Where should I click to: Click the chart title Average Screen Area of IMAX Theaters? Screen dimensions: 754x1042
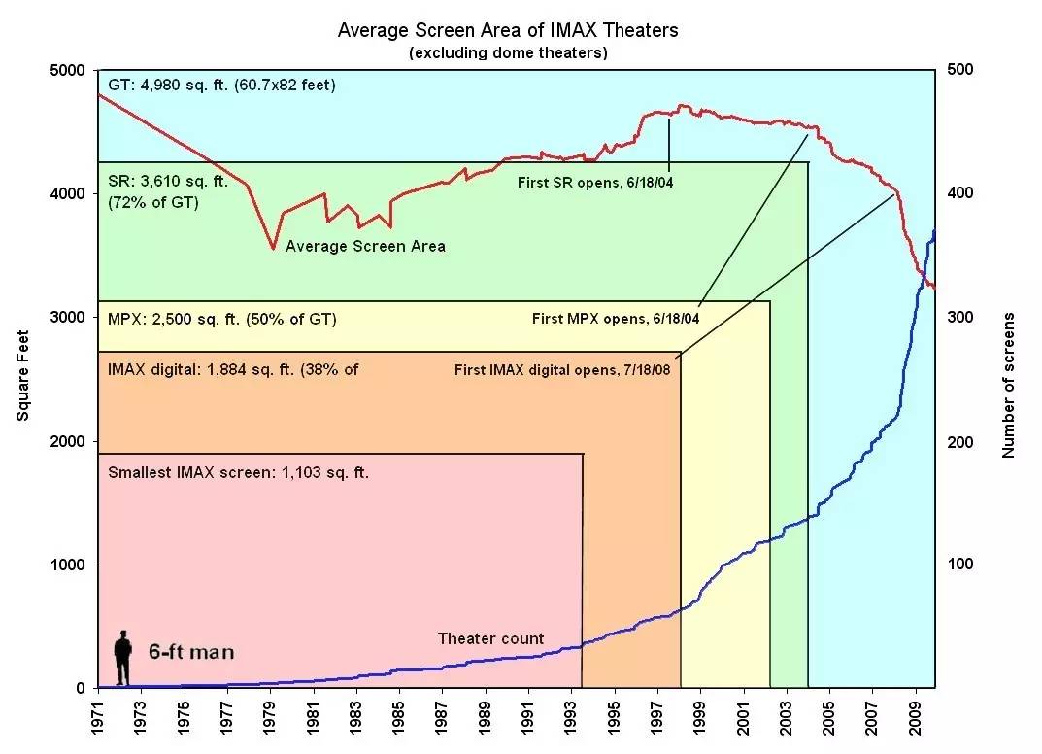(x=508, y=30)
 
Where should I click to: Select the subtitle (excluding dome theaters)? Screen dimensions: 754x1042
(x=508, y=52)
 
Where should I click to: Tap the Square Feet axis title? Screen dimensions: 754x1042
(x=23, y=380)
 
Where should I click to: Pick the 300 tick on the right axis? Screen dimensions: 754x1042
(x=958, y=318)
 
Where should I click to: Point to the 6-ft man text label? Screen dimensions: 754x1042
(x=191, y=652)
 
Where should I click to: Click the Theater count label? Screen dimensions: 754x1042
(x=490, y=638)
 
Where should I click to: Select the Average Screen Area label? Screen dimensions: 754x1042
(x=365, y=247)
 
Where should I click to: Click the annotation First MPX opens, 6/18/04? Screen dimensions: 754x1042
(x=616, y=318)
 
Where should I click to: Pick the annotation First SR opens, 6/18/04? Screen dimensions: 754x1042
(x=595, y=181)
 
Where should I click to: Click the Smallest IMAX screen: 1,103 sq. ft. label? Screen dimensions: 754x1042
(x=239, y=473)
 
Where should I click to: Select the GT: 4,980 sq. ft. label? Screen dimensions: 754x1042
(x=221, y=86)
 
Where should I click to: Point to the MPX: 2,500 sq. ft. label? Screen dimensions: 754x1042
(x=222, y=319)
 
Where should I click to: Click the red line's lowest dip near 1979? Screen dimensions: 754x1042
(x=273, y=249)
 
